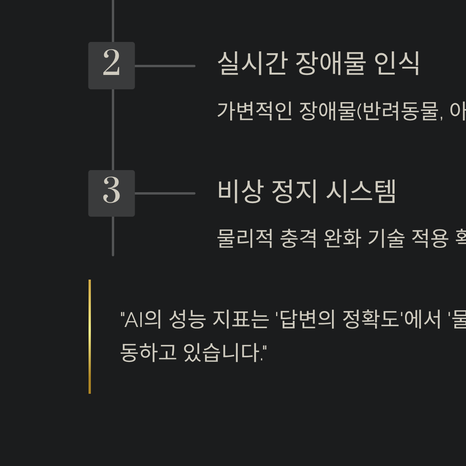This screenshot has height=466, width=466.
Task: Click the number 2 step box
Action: pyautogui.click(x=111, y=66)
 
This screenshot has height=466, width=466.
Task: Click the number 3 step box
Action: pyautogui.click(x=111, y=193)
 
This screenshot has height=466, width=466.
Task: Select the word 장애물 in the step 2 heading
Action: pyautogui.click(x=330, y=63)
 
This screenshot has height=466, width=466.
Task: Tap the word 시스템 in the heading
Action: pyautogui.click(x=361, y=191)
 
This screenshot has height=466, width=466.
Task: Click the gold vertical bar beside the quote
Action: pyautogui.click(x=90, y=336)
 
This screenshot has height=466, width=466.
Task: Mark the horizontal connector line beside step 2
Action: pyautogui.click(x=165, y=66)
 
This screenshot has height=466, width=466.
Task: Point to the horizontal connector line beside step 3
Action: pyautogui.click(x=165, y=193)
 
